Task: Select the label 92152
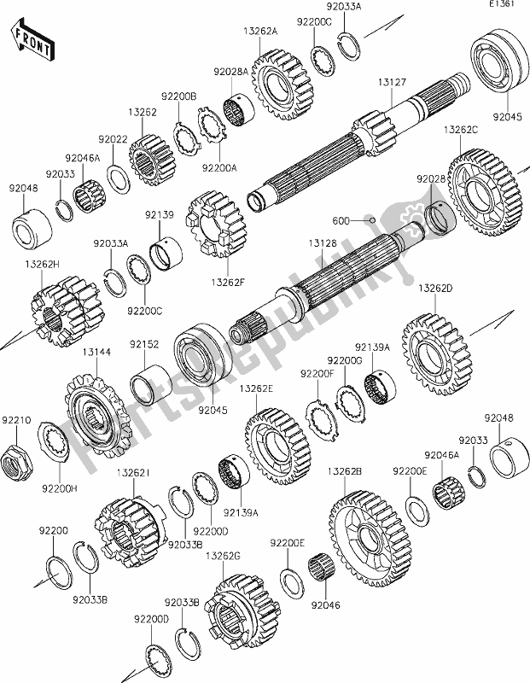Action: (x=144, y=345)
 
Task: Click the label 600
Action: (x=341, y=220)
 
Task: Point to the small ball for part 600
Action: (x=374, y=220)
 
